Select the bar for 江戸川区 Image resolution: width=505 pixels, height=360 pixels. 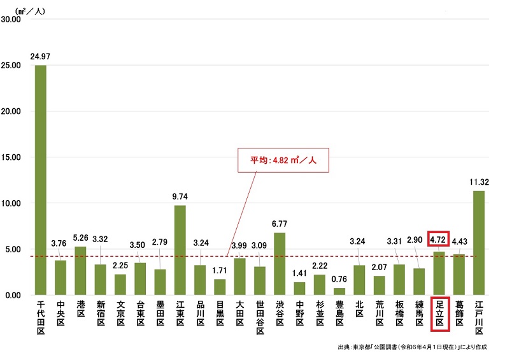(x=479, y=243)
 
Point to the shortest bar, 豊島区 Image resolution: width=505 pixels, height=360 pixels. (x=339, y=291)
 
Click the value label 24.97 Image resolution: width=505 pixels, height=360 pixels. (x=40, y=57)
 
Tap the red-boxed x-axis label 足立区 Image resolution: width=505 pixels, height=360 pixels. (x=439, y=314)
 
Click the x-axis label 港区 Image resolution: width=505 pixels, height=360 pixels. (x=80, y=310)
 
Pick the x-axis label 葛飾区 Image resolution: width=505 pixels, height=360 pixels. (x=459, y=313)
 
